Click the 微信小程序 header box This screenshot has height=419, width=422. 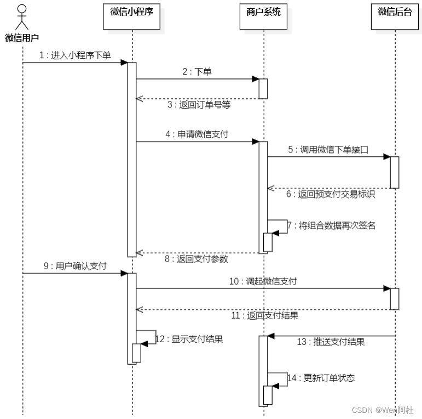[x=131, y=13]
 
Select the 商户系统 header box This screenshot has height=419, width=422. [x=263, y=13]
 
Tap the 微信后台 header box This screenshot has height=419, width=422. [x=394, y=13]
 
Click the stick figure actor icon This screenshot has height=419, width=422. [x=22, y=17]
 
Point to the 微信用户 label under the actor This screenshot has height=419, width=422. [x=22, y=38]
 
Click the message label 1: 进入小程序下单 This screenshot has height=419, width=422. [x=76, y=55]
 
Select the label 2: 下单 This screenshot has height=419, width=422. [x=197, y=72]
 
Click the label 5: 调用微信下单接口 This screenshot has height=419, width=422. [x=328, y=150]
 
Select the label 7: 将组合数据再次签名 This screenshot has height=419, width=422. [x=332, y=225]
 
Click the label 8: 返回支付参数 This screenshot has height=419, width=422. [x=198, y=259]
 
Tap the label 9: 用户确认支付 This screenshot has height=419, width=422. [x=75, y=266]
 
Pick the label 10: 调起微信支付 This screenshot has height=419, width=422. [x=263, y=281]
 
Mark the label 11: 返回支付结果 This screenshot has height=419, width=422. [x=264, y=315]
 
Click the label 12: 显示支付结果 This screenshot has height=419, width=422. [x=189, y=339]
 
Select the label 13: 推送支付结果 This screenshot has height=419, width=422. [x=331, y=342]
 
